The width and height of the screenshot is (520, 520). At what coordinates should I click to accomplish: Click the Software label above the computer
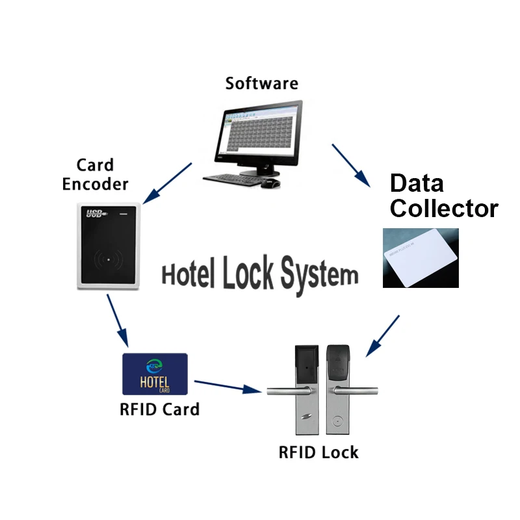[261, 84]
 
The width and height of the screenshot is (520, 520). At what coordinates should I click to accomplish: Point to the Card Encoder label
[95, 175]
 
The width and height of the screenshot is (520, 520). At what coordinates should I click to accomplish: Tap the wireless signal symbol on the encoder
[107, 259]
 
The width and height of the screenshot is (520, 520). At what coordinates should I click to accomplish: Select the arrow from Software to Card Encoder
[167, 183]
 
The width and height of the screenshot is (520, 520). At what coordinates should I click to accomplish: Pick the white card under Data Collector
[421, 258]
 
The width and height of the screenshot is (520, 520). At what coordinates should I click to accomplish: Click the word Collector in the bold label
[443, 209]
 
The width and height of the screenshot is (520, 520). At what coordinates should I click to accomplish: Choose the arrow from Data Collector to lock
[383, 336]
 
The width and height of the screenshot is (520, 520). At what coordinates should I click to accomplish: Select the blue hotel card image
[155, 374]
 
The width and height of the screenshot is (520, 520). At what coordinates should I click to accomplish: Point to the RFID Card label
[159, 409]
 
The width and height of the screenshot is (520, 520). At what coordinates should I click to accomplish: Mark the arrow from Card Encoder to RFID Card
[118, 322]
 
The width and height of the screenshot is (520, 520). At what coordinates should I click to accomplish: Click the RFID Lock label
[318, 452]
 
